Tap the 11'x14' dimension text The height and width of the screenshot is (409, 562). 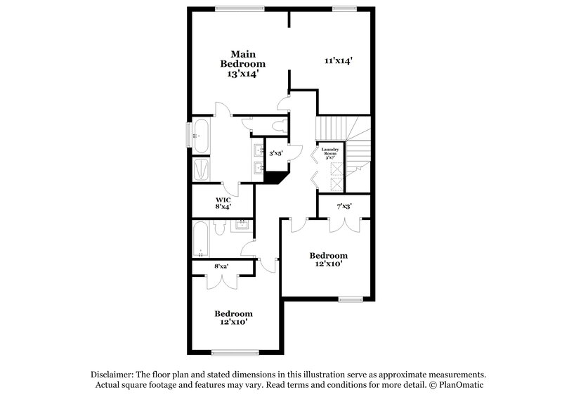pyautogui.click(x=337, y=61)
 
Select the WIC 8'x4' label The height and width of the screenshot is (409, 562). pyautogui.click(x=223, y=202)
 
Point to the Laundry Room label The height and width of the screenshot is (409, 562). pyautogui.click(x=330, y=152)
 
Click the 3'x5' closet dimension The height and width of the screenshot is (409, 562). pyautogui.click(x=277, y=152)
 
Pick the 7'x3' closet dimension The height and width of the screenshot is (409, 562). pyautogui.click(x=344, y=206)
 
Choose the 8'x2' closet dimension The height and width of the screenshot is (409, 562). pyautogui.click(x=221, y=266)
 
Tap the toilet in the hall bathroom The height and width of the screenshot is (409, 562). pyautogui.click(x=218, y=229)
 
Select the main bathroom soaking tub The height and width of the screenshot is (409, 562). pyautogui.click(x=201, y=135)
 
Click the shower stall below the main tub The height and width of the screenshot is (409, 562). pyautogui.click(x=202, y=169)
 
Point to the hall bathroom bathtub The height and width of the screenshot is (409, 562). pyautogui.click(x=200, y=239)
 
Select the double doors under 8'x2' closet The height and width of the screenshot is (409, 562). pyautogui.click(x=221, y=278)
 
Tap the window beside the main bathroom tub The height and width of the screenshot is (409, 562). pyautogui.click(x=188, y=135)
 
